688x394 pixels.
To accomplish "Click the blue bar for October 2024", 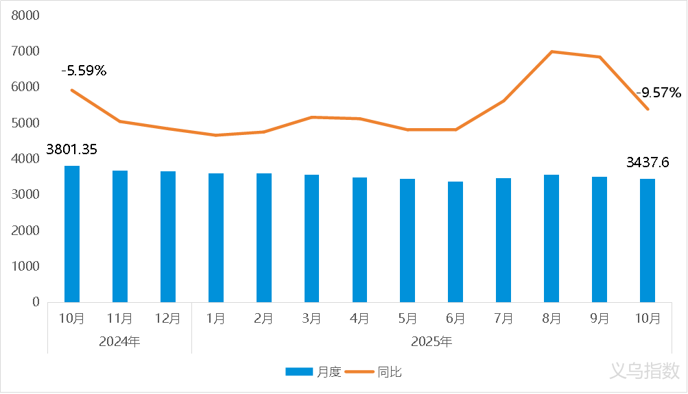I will click(72, 234).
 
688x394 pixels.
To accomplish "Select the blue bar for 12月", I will click(168, 236).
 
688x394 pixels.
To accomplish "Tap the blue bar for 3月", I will click(311, 238).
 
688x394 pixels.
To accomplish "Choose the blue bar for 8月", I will click(551, 238).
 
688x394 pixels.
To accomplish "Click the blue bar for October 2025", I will click(648, 241).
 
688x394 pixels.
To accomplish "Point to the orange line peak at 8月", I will click(551, 51).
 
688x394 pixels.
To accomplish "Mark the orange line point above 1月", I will click(216, 135).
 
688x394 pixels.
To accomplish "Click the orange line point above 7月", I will click(503, 101).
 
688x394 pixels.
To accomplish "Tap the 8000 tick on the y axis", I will click(26, 15).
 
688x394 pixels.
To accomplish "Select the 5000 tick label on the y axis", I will click(26, 123).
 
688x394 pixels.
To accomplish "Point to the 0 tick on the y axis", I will click(36, 302).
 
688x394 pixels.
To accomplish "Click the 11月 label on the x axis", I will click(120, 319).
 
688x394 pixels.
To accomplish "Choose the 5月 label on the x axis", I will click(407, 319).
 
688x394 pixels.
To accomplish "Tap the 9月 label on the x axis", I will click(600, 319).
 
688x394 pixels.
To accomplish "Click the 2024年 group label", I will click(119, 341).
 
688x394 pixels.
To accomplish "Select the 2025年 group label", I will click(431, 341).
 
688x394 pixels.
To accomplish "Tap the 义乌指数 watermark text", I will click(644, 371).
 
